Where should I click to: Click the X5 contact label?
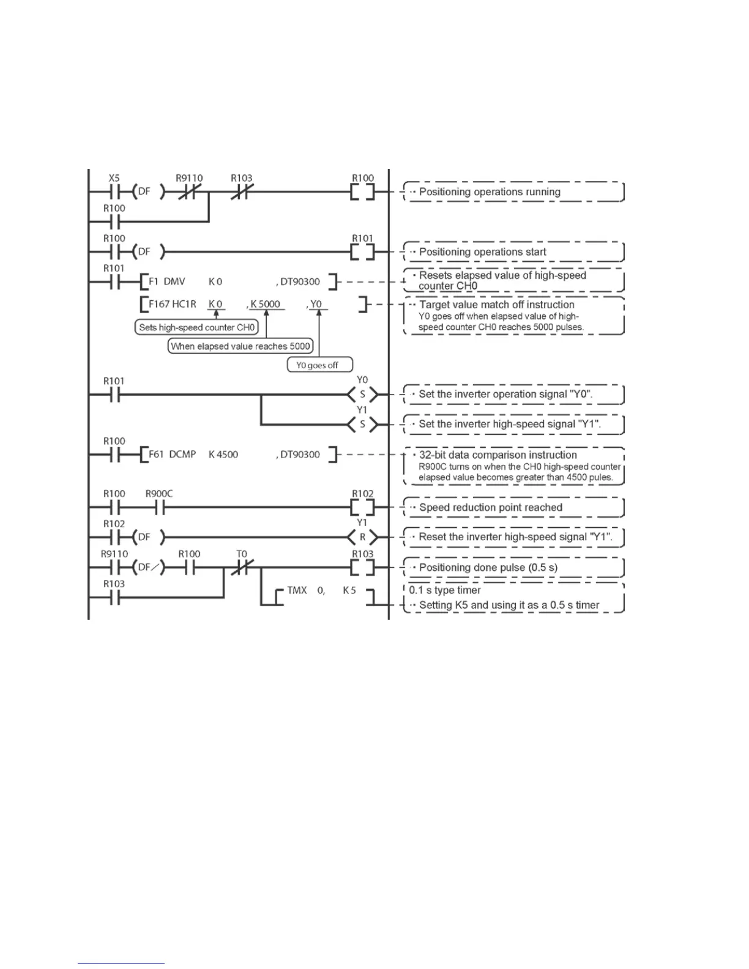click(x=114, y=178)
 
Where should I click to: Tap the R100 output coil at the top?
click(x=362, y=192)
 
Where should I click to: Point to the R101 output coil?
click(x=362, y=251)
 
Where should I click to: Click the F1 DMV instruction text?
click(x=167, y=282)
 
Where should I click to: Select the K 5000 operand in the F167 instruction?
click(x=266, y=304)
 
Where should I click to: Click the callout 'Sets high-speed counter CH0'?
click(x=196, y=327)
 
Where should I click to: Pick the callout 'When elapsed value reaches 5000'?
click(x=240, y=346)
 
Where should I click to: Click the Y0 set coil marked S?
click(x=362, y=395)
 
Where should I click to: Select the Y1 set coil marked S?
click(x=362, y=424)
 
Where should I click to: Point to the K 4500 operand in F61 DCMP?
click(x=223, y=455)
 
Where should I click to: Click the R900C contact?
click(x=159, y=507)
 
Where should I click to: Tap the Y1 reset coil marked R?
click(x=362, y=537)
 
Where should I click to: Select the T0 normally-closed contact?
click(x=242, y=567)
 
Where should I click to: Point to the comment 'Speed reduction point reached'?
click(x=490, y=508)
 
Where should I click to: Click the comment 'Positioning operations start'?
click(x=482, y=252)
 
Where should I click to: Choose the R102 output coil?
click(x=362, y=507)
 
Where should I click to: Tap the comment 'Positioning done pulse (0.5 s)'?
click(x=488, y=568)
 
